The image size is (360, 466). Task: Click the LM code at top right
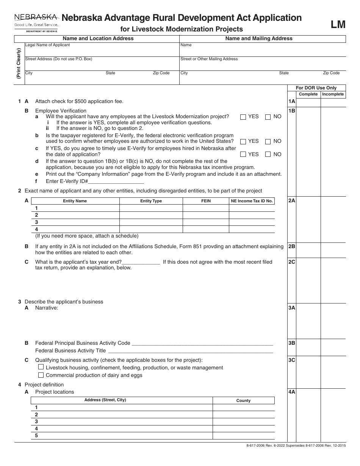(338, 24)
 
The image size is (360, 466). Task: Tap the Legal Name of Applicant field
(102, 50)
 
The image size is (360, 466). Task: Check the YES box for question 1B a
(243, 117)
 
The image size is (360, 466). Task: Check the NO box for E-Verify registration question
(268, 142)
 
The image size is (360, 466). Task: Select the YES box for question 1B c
(243, 155)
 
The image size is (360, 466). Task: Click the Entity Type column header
(151, 201)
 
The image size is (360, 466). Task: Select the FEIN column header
(206, 201)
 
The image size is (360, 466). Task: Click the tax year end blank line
(141, 262)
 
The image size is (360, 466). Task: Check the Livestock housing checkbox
(41, 367)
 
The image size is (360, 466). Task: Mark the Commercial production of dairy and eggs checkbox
(41, 375)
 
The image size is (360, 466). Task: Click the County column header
(243, 400)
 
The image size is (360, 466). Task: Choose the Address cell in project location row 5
(123, 436)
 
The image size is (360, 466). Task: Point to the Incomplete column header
(333, 94)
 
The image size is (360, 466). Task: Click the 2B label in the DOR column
(291, 246)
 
